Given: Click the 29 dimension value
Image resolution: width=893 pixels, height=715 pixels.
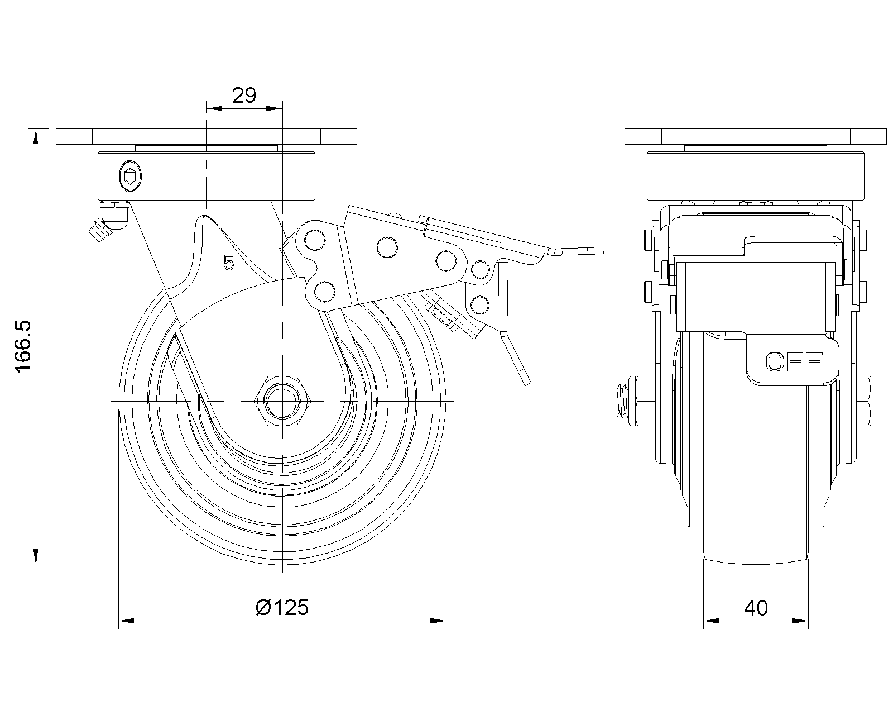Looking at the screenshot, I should tap(244, 96).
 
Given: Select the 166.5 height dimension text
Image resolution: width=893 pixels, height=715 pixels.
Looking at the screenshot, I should tap(23, 347).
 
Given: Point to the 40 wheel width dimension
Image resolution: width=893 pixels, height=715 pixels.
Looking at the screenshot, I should tap(756, 608).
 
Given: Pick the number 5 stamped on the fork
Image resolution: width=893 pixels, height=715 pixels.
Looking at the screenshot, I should tap(228, 262).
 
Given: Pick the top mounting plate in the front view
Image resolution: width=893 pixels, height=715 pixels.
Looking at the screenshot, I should tap(756, 136).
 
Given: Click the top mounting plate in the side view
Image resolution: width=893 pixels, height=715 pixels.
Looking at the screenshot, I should tap(207, 136).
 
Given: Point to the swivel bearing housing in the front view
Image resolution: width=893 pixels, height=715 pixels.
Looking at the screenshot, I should tap(756, 176).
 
